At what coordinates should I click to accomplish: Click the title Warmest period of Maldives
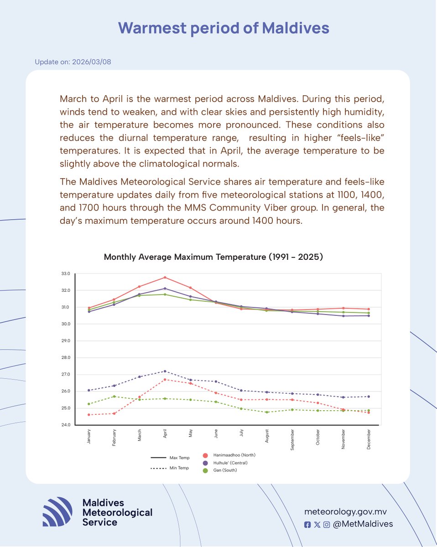[224, 28]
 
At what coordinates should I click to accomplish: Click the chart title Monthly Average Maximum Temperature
[213, 257]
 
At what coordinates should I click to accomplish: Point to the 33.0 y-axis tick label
[65, 273]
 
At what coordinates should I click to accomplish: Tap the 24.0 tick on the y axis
[65, 425]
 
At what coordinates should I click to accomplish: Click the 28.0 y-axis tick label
[65, 357]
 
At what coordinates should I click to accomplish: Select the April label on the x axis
[165, 433]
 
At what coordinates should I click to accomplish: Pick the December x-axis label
[369, 439]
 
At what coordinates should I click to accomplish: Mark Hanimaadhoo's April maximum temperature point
[165, 277]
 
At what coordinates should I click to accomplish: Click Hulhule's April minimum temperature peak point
[165, 371]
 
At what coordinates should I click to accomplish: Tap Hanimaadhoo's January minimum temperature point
[89, 415]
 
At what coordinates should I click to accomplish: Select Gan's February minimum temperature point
[114, 397]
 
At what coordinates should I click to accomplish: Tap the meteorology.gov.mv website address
[348, 512]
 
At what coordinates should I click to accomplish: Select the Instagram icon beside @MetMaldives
[327, 525]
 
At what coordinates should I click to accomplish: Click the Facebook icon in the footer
[307, 525]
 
